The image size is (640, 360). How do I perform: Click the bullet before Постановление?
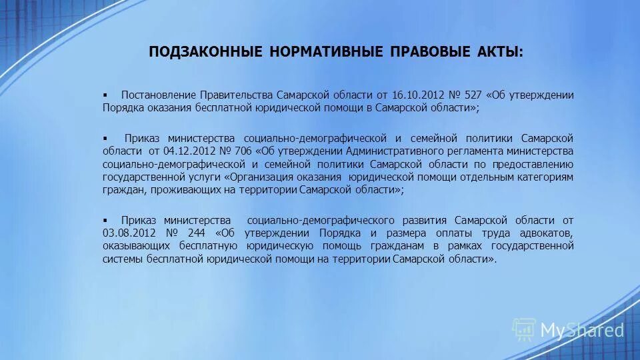105,95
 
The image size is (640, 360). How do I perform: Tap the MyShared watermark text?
582,329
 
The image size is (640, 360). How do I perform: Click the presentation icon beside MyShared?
524,329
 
